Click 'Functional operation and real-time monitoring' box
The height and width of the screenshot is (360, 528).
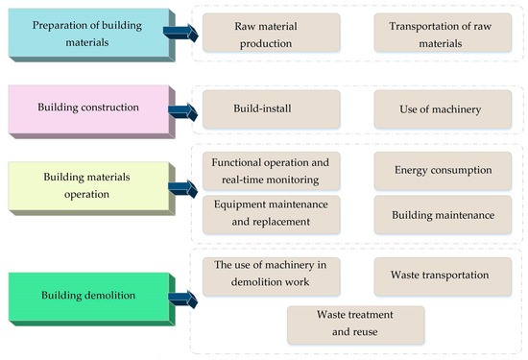[271, 169]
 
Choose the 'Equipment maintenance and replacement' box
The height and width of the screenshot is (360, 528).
[271, 214]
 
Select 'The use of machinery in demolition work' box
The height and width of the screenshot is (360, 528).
[271, 275]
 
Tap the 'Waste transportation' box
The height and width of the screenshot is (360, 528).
[441, 275]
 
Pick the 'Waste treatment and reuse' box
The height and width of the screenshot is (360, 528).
[355, 324]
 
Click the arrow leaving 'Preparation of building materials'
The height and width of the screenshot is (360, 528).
[180, 34]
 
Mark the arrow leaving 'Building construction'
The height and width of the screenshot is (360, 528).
[180, 108]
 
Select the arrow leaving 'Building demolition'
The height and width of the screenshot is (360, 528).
[180, 299]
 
